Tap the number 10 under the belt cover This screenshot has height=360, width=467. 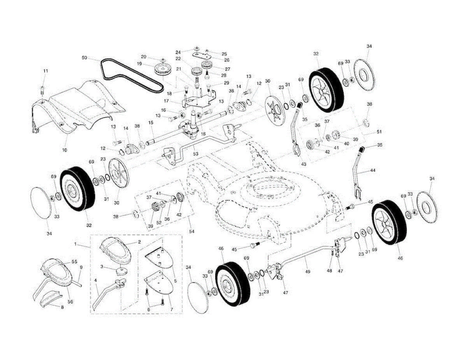[x=65, y=150]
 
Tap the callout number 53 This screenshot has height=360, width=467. [x=196, y=154]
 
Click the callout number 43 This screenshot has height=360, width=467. [x=304, y=164]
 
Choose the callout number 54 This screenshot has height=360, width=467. [x=191, y=231]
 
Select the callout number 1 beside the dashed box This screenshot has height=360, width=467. [x=75, y=244]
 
